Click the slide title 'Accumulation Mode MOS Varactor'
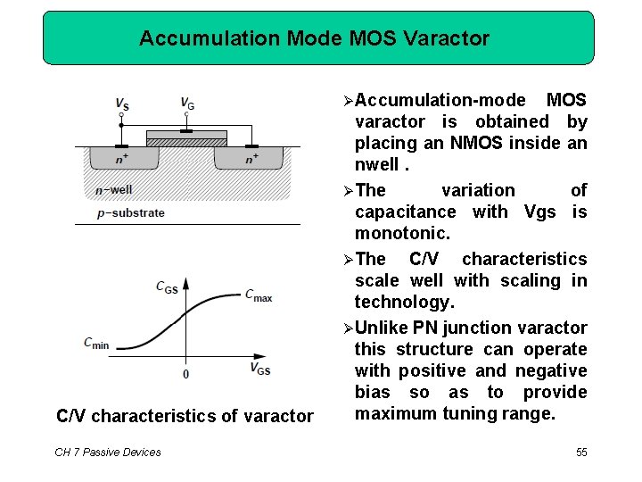click(315, 38)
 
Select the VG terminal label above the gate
click(187, 103)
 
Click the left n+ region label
click(121, 159)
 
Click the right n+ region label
click(252, 159)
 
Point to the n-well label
click(113, 189)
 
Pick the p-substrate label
click(131, 212)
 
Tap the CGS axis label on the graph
click(167, 287)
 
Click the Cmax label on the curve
click(259, 295)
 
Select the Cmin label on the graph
click(96, 343)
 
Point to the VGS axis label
click(260, 369)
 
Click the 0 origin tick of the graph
click(185, 374)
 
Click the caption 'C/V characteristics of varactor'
click(185, 416)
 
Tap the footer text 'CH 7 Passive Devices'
click(108, 453)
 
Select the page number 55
click(581, 453)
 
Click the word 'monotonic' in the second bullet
click(402, 233)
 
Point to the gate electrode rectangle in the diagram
click(187, 135)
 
